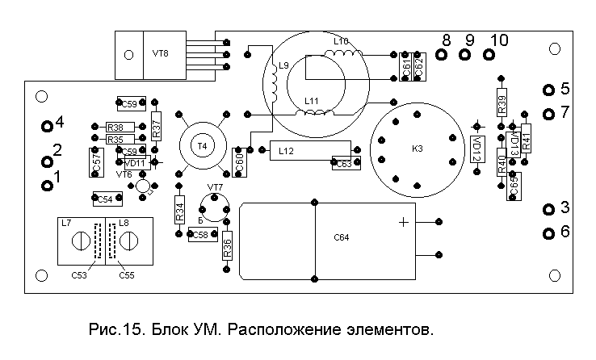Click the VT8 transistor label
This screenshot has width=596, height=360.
(160, 54)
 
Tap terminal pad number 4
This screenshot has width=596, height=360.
(48, 125)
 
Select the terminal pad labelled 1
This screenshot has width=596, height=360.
(46, 186)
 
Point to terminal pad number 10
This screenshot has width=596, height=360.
(488, 55)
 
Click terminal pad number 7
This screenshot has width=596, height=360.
(548, 112)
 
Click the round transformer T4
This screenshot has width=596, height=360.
(202, 146)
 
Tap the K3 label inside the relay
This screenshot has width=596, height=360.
(417, 149)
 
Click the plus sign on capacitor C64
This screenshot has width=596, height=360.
(403, 222)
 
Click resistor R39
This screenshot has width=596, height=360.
(502, 104)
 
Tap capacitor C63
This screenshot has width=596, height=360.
(342, 164)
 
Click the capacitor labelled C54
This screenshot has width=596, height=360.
(105, 199)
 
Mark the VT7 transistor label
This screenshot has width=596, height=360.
(215, 187)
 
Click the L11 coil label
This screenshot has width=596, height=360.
(312, 102)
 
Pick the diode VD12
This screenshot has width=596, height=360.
(476, 149)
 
